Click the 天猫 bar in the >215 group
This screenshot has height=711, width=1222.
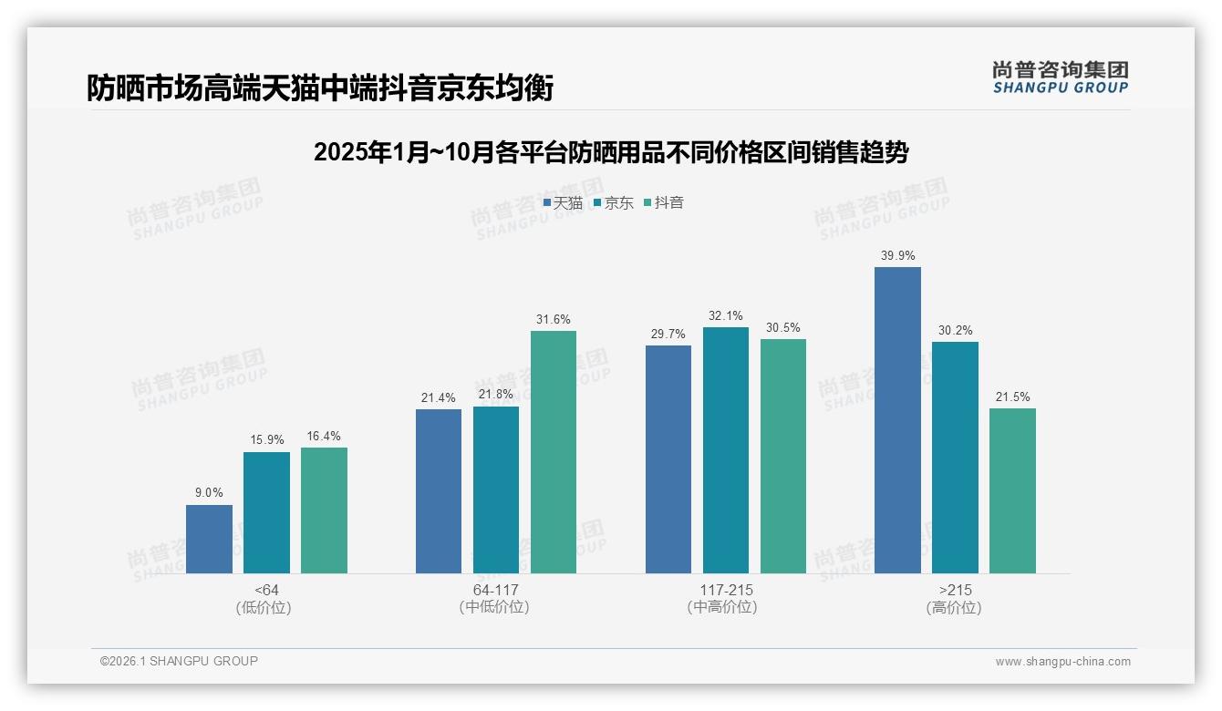(x=897, y=420)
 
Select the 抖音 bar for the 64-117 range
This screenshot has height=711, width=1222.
(x=554, y=452)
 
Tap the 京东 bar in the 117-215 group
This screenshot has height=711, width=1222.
(x=726, y=450)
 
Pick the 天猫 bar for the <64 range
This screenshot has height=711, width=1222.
(x=209, y=539)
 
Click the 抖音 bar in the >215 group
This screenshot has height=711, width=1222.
(x=1012, y=490)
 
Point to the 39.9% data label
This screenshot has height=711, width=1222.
(x=897, y=256)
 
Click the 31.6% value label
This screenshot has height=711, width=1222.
(x=554, y=320)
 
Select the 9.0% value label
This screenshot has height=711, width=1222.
(x=209, y=493)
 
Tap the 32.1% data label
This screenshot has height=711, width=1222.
(x=726, y=316)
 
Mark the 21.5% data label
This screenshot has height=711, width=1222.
(x=1012, y=397)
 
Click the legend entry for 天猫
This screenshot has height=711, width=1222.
(x=563, y=203)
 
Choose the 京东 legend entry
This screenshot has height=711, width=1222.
(x=614, y=203)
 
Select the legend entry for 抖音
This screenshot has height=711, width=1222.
(x=664, y=203)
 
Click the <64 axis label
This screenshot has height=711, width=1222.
(x=267, y=590)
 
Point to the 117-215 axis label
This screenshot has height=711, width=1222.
(x=726, y=590)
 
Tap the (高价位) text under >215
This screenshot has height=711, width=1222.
(x=954, y=608)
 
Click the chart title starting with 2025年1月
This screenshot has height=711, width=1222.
(x=611, y=152)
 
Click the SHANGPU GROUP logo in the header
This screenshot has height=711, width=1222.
(x=1060, y=77)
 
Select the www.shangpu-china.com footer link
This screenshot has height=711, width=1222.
(x=1062, y=662)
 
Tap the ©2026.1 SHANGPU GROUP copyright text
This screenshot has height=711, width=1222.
(x=179, y=661)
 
